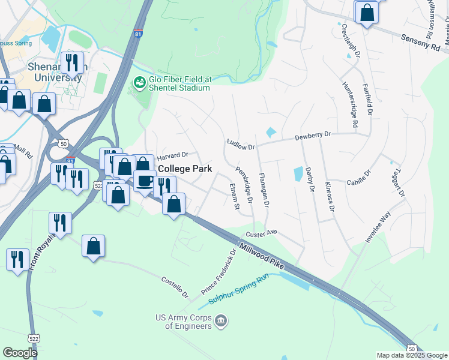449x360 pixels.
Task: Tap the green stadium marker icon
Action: [x=140, y=82]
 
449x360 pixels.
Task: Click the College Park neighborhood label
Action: [x=185, y=169]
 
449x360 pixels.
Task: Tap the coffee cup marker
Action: [x=145, y=181]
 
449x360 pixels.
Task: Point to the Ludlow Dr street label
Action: [x=241, y=145]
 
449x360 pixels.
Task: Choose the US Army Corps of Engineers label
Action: [x=183, y=322]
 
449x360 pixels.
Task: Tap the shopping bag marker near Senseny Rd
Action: [x=367, y=12]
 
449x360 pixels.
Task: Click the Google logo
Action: [x=20, y=353]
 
